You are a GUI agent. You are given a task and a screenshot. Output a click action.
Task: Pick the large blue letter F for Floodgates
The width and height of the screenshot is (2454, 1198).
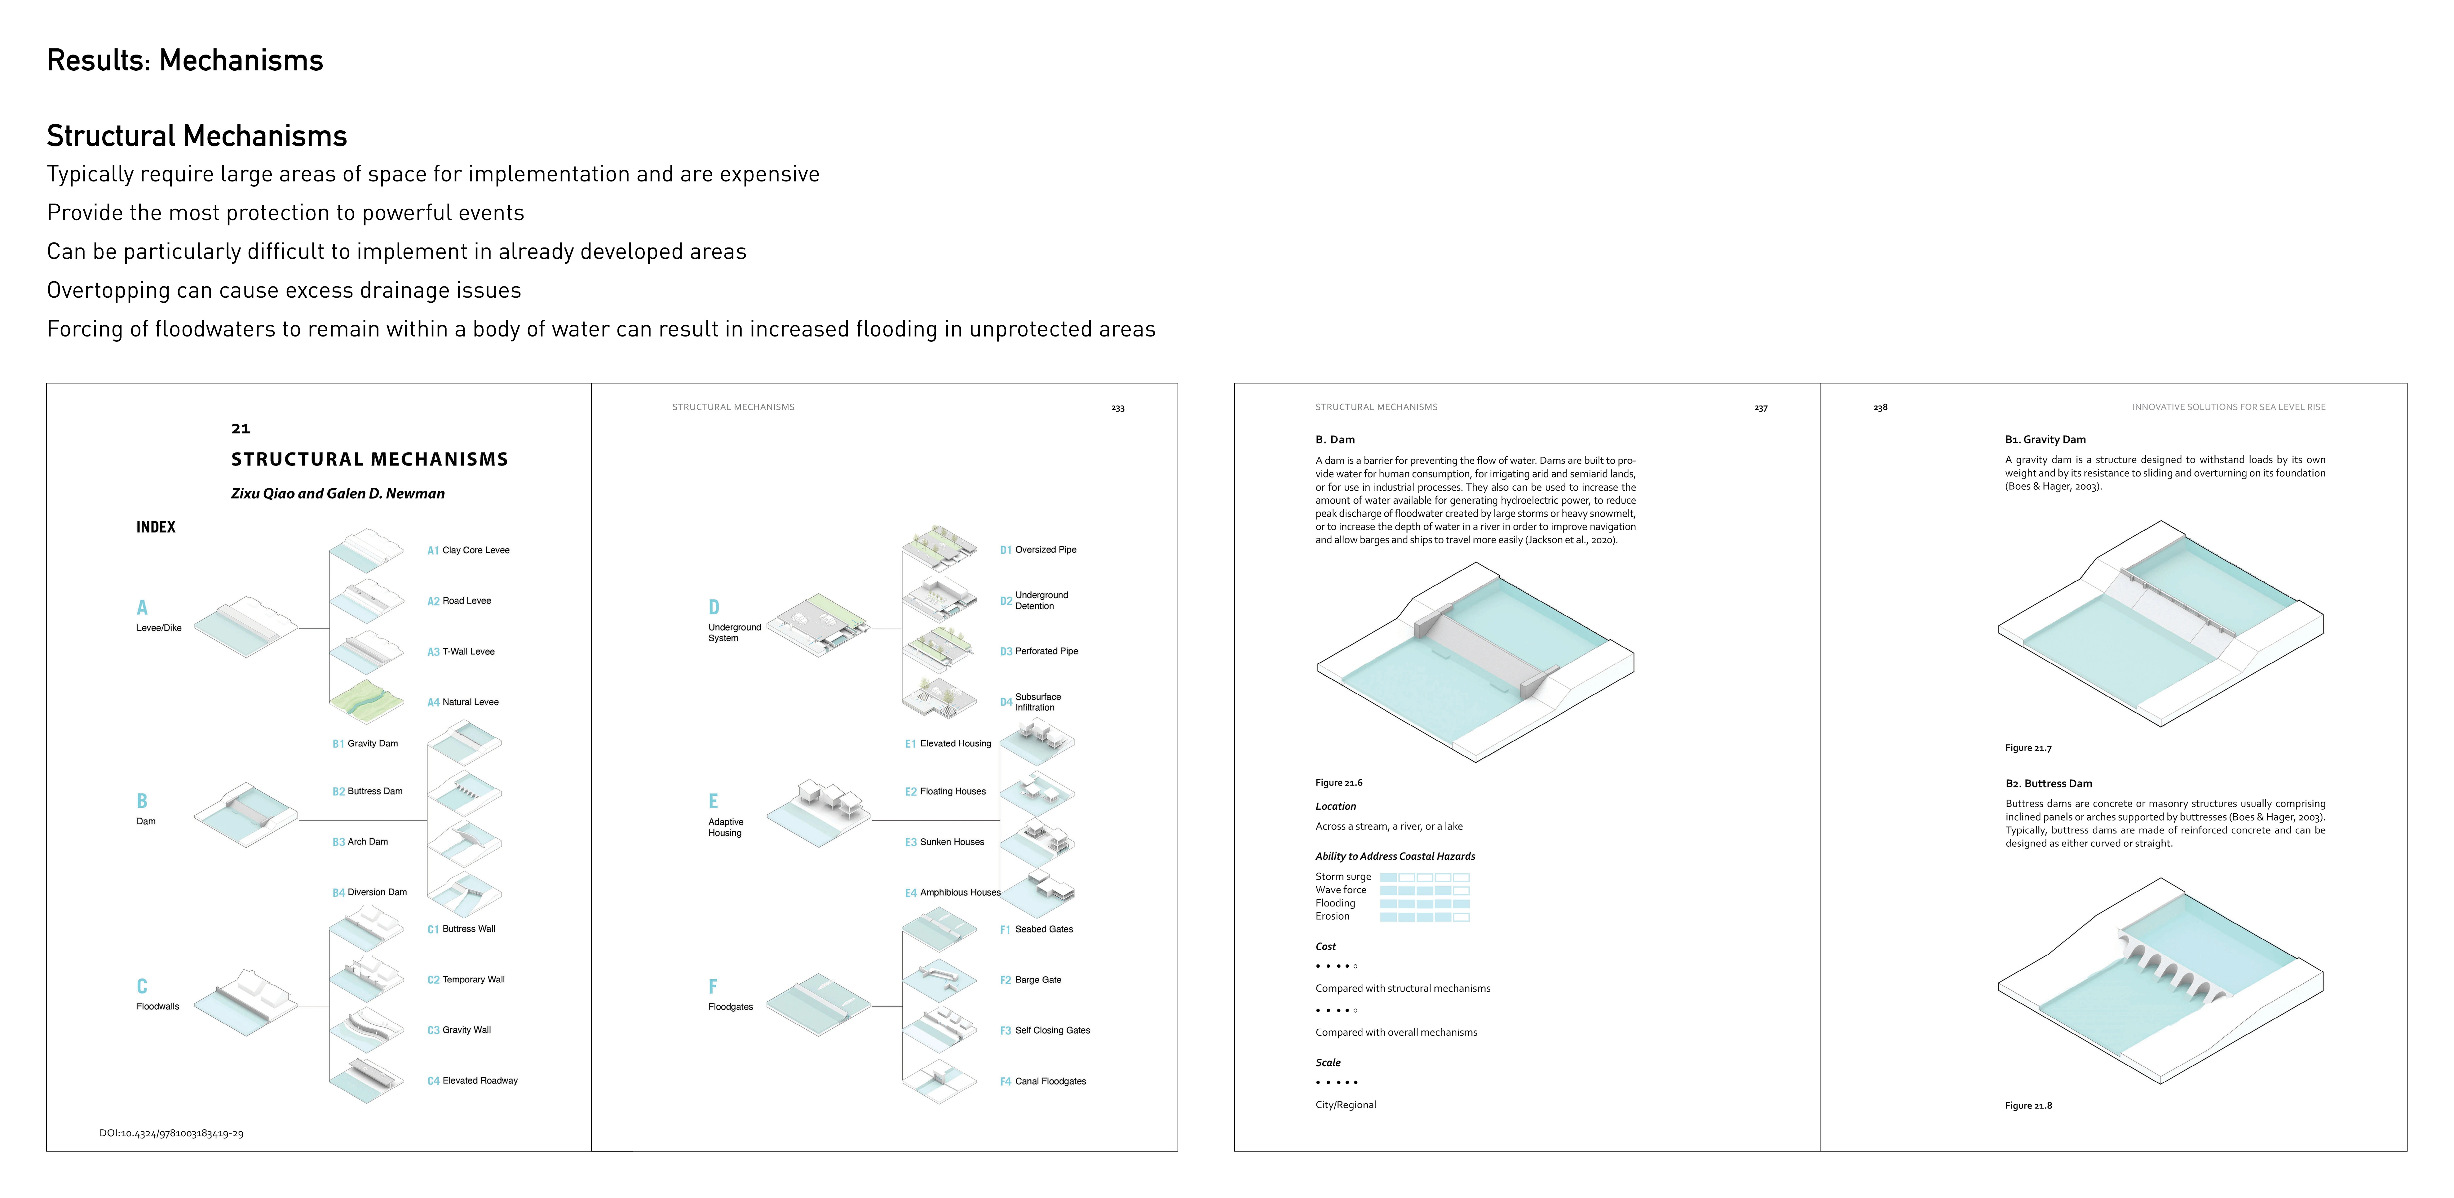click(713, 986)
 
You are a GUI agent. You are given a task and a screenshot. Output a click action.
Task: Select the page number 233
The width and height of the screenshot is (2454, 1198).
click(1117, 408)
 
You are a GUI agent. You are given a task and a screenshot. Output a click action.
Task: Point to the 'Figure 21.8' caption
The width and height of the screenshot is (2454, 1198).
click(2028, 1106)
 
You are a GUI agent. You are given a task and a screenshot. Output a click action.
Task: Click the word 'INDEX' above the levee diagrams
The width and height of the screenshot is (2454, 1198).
click(156, 527)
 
